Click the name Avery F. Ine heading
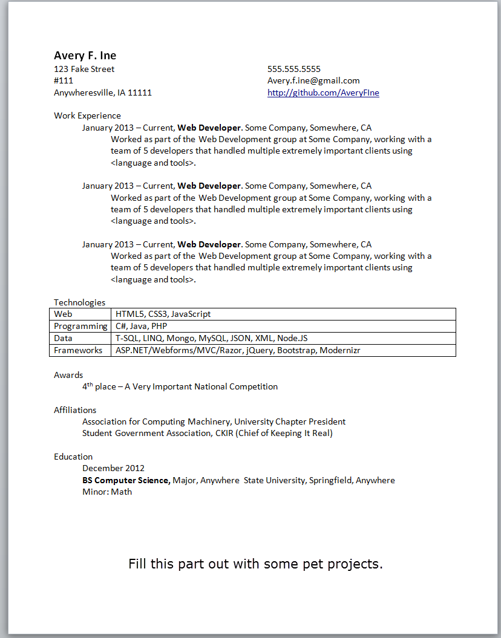(85, 56)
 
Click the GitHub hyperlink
(323, 93)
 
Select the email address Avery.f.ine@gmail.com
(313, 80)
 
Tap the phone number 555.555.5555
(294, 69)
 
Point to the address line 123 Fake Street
(84, 69)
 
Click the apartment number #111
(64, 80)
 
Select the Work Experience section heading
(87, 116)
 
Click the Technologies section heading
(79, 302)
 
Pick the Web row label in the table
(63, 314)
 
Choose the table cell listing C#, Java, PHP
(141, 326)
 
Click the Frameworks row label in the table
(78, 350)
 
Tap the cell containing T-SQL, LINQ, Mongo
(211, 338)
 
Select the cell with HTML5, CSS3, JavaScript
(163, 314)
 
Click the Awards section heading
(68, 375)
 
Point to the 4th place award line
(180, 386)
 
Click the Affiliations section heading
(75, 410)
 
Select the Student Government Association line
(207, 433)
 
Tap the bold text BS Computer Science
(126, 480)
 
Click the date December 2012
(113, 468)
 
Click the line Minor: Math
(107, 492)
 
